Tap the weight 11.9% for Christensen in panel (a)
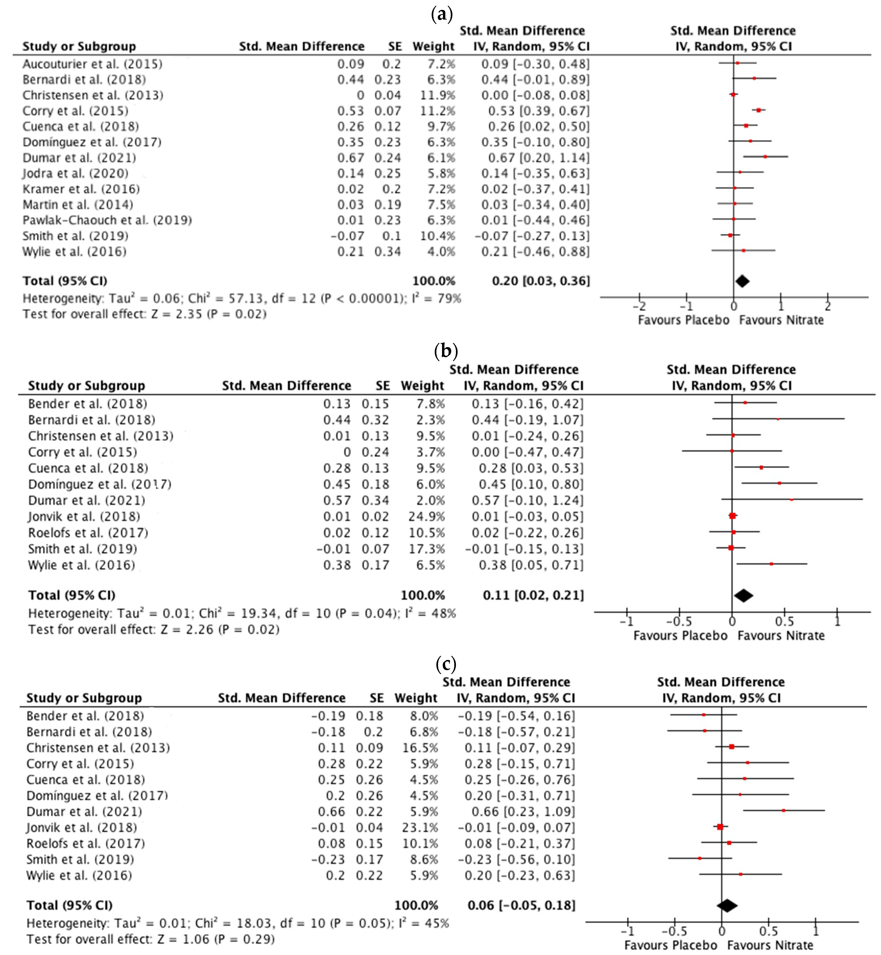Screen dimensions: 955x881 438,95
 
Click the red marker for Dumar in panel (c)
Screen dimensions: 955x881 783,811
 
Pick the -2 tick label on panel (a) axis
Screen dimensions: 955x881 639,306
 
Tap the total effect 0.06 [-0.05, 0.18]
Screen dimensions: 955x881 521,906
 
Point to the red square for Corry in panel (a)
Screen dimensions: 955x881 758,110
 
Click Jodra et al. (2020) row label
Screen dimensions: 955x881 75,173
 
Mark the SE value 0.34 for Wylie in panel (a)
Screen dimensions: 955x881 387,252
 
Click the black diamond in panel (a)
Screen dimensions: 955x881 742,281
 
